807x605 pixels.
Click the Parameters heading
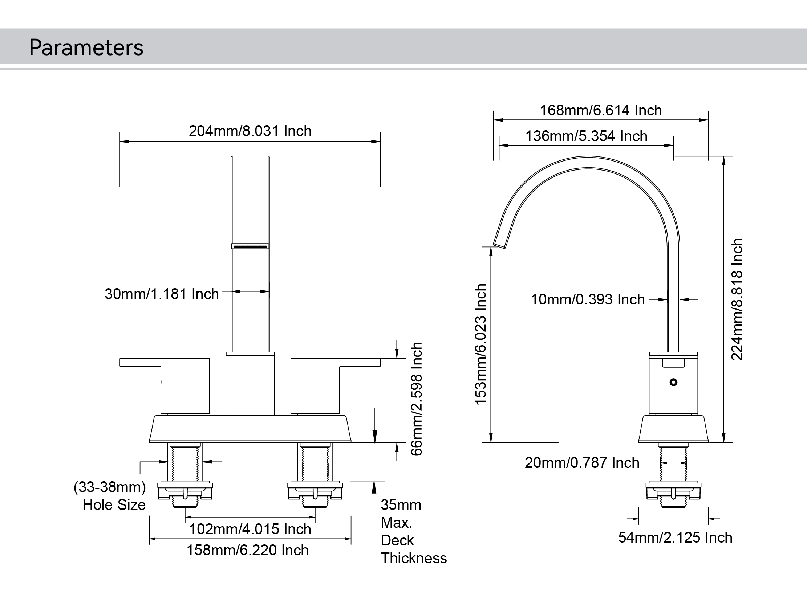point(86,48)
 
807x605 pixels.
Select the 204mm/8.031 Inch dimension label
point(250,131)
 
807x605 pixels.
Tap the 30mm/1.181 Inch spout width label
point(162,294)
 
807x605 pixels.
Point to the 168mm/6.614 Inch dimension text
point(600,110)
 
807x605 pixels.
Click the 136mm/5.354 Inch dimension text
point(586,136)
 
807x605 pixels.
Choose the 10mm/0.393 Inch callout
point(587,299)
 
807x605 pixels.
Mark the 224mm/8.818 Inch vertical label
point(737,299)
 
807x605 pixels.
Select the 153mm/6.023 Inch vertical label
point(481,344)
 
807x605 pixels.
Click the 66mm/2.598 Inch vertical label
point(416,398)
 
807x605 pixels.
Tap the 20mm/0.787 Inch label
point(581,463)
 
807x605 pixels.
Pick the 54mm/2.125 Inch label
point(675,537)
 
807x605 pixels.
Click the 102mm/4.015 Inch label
point(250,529)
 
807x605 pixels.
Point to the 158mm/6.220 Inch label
point(247,550)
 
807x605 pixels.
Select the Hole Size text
point(114,505)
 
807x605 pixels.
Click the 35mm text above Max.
point(401,505)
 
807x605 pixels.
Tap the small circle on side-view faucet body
point(673,382)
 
